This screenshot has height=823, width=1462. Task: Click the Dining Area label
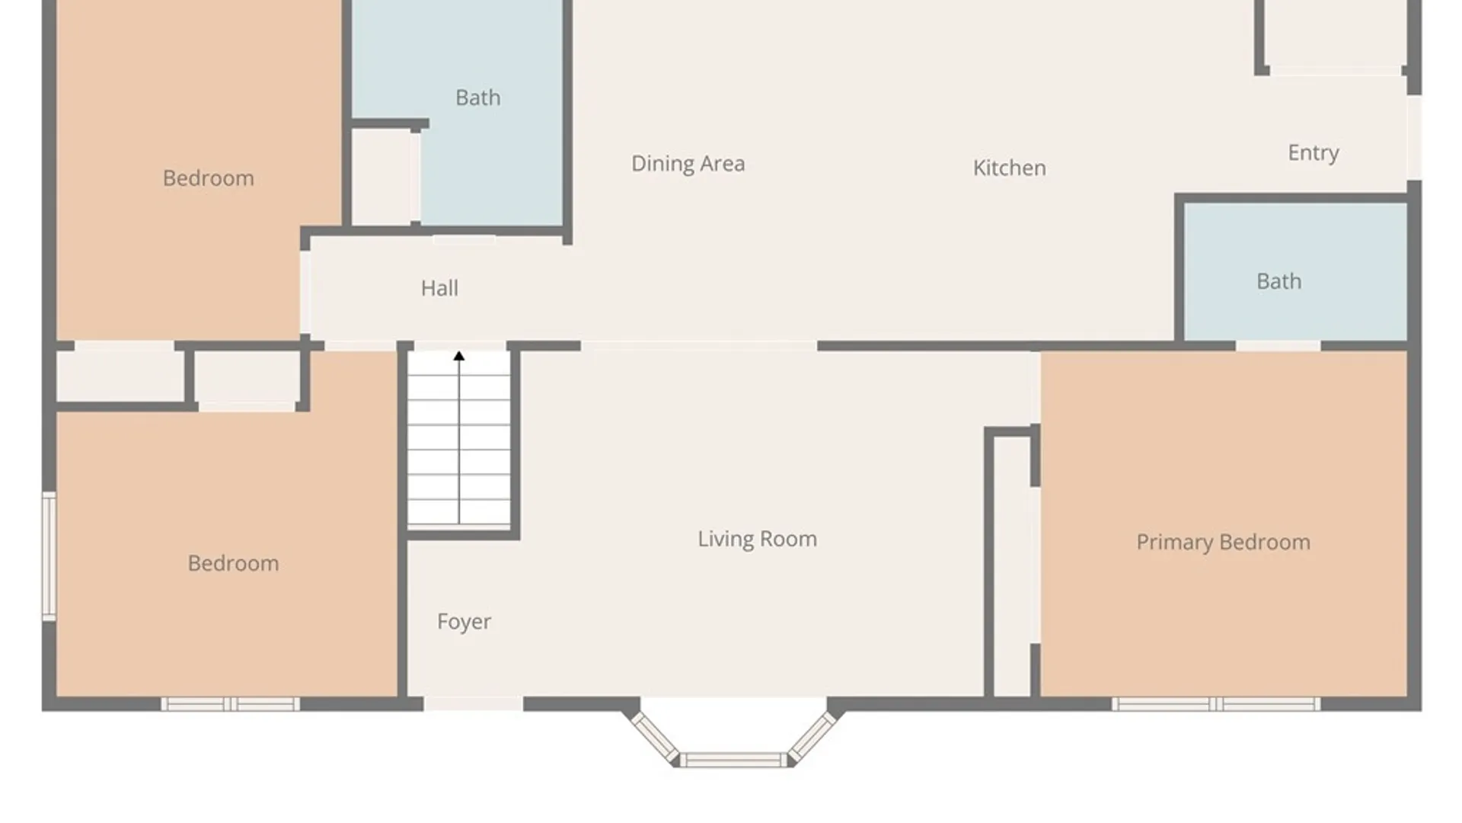688,164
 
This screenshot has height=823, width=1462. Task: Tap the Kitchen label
1009,168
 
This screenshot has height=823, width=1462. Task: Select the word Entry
1314,153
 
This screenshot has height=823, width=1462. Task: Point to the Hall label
439,288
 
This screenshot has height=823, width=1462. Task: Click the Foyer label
464,622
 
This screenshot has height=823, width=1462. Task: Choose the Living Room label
757,539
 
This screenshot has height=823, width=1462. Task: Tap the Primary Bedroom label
1223,543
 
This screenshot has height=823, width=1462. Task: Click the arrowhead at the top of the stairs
459,356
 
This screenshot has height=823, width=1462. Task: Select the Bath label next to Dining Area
478,98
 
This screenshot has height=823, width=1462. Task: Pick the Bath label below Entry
1278,281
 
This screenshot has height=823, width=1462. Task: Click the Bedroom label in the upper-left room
208,178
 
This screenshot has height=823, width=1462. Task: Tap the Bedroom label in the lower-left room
233,563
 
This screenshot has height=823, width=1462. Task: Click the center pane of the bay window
733,760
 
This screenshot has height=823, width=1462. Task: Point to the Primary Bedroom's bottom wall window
1215,704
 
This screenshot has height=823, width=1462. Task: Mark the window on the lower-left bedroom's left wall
49,556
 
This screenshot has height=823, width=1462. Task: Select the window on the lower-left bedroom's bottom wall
230,704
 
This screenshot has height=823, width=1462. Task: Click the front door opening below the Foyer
473,704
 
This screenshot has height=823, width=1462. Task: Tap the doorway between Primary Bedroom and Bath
1278,346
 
